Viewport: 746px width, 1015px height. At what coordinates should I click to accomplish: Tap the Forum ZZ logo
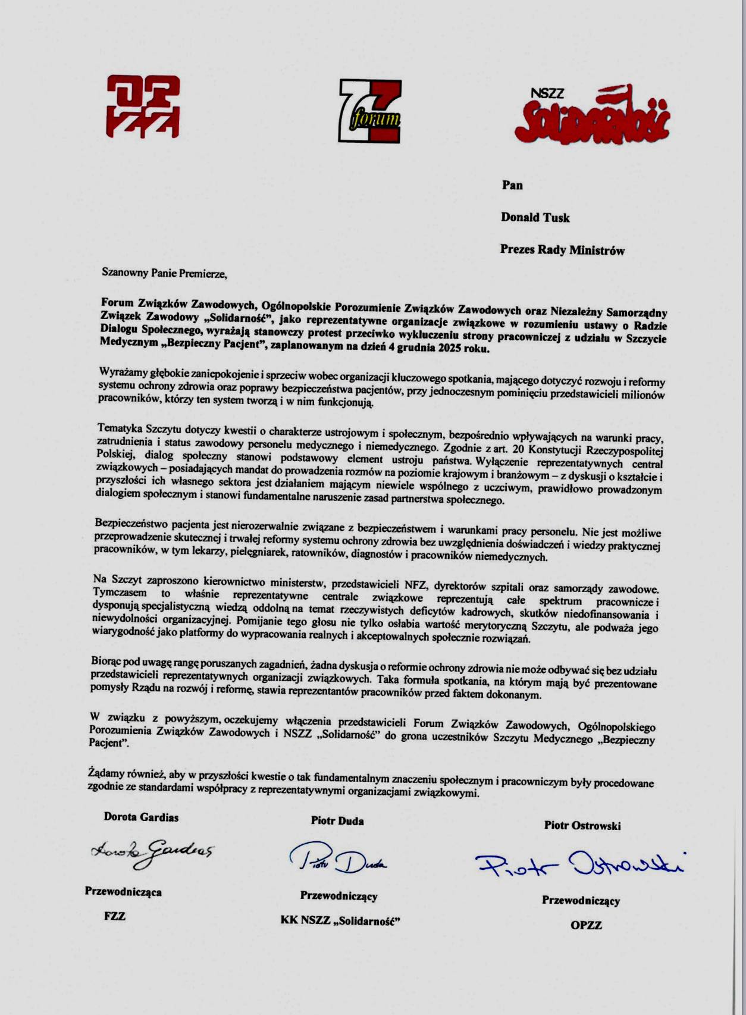coord(369,111)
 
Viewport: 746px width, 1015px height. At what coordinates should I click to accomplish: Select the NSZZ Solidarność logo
coord(591,114)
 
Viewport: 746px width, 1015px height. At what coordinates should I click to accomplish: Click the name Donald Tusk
coord(535,218)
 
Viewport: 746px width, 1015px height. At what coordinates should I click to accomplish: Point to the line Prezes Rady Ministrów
coord(562,250)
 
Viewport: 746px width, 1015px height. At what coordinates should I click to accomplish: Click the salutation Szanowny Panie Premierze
coord(164,274)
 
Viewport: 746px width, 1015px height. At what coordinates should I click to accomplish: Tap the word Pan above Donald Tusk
coord(512,185)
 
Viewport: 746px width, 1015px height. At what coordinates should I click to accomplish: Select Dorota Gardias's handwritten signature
coord(152,851)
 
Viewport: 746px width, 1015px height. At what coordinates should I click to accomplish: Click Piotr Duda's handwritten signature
coord(337,859)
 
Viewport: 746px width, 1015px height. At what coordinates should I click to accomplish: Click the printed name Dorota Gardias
coord(141,817)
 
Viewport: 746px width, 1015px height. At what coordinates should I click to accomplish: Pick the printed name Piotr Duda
coord(337,821)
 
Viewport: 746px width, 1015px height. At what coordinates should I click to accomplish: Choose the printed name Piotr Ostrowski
coord(582,826)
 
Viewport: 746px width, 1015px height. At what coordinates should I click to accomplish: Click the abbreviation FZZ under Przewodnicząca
coord(115,916)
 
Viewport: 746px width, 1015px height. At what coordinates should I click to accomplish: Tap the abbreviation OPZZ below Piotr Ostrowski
coord(586,926)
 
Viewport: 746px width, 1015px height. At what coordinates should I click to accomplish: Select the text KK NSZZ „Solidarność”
coord(340,921)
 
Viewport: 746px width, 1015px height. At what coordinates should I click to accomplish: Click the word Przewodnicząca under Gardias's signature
coord(123,892)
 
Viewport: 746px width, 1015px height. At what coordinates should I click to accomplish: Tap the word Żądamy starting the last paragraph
coord(106,773)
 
